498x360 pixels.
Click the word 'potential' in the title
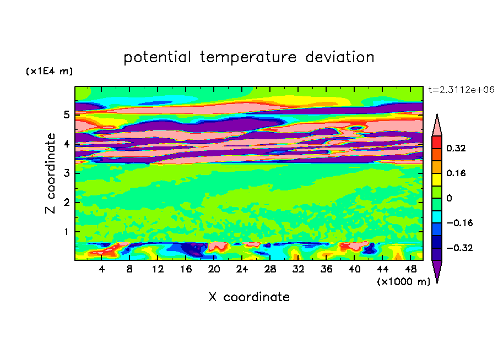pyautogui.click(x=157, y=57)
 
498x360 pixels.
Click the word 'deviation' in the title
pyautogui.click(x=339, y=57)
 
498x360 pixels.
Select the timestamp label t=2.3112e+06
pyautogui.click(x=461, y=90)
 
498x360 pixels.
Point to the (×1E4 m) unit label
pyautogui.click(x=49, y=71)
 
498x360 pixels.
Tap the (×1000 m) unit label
pyautogui.click(x=403, y=281)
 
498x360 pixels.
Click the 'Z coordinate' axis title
pyautogui.click(x=50, y=173)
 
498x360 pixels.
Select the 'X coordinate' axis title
pyautogui.click(x=249, y=297)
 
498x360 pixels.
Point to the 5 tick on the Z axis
pyautogui.click(x=66, y=114)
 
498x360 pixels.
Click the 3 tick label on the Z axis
pyautogui.click(x=66, y=173)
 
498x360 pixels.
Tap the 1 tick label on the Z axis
pyautogui.click(x=66, y=232)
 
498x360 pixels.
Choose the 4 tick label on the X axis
pyautogui.click(x=101, y=269)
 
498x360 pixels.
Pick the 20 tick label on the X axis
pyautogui.click(x=214, y=269)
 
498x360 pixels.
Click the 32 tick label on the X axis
pyautogui.click(x=298, y=269)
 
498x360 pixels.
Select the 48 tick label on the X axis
pyautogui.click(x=410, y=269)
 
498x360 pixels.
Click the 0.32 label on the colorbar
pyautogui.click(x=456, y=148)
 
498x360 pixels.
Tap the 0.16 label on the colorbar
pyautogui.click(x=456, y=173)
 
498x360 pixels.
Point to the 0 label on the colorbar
pyautogui.click(x=449, y=198)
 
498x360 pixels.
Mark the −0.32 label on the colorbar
pyautogui.click(x=459, y=248)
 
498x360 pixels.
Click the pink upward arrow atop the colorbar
pyautogui.click(x=437, y=126)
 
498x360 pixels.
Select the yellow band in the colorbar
pyautogui.click(x=437, y=179)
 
